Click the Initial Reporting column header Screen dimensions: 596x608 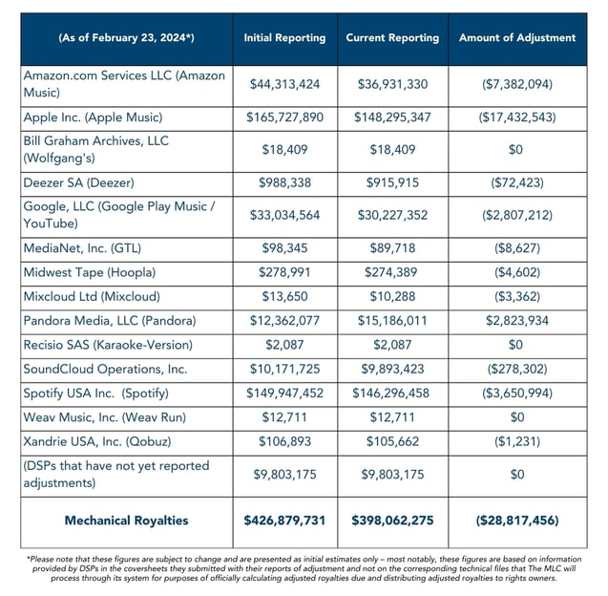click(284, 38)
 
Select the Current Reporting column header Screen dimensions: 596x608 click(392, 38)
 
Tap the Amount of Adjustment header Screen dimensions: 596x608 click(517, 38)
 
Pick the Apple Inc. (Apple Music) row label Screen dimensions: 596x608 click(93, 117)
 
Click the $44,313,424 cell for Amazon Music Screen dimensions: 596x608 click(284, 85)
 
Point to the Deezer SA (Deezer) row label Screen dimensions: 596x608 click(78, 181)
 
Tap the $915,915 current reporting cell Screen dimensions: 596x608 click(392, 181)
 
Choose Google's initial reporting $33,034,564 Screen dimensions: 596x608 click(284, 215)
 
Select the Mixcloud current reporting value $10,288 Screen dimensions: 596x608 click(392, 296)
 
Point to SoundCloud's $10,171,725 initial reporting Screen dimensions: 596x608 click(284, 368)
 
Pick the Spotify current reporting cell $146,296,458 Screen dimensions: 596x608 click(392, 393)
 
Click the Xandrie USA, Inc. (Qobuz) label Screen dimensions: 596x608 click(96, 440)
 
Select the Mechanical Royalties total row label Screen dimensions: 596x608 click(127, 521)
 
